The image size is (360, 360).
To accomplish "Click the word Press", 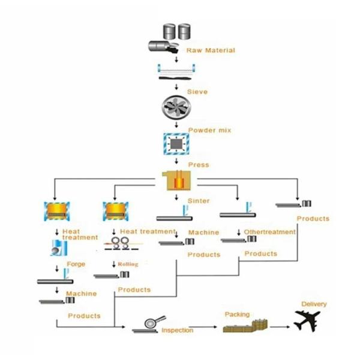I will coord(199,165).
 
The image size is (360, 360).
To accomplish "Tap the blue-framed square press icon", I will coord(176,145).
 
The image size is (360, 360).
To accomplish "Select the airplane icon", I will coord(311,320).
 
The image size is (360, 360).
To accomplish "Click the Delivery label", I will coord(314,304).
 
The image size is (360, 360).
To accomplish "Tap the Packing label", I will coord(236,313).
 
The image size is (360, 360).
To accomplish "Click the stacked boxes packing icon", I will coord(244,326).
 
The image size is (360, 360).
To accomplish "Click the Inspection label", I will coord(178,331).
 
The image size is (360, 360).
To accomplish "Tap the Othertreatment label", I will coord(270,232).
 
